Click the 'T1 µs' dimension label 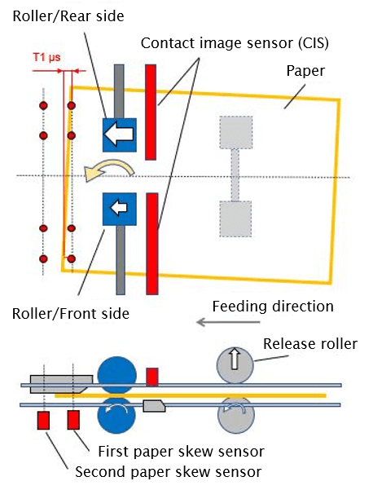click(46, 58)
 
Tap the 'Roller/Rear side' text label click(68, 16)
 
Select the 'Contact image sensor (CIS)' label click(235, 43)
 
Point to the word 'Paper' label click(305, 71)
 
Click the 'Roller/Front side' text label click(71, 314)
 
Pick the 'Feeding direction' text click(273, 307)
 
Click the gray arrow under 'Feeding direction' click(228, 322)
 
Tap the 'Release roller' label click(310, 344)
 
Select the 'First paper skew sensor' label click(181, 452)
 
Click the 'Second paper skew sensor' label click(169, 472)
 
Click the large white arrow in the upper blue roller click(119, 135)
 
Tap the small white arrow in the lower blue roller click(119, 208)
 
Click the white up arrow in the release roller click(235, 359)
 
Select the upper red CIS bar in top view click(151, 113)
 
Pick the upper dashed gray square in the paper click(236, 133)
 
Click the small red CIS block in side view click(152, 377)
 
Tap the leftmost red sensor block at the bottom click(43, 421)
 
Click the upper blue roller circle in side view click(117, 374)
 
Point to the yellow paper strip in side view click(191, 395)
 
